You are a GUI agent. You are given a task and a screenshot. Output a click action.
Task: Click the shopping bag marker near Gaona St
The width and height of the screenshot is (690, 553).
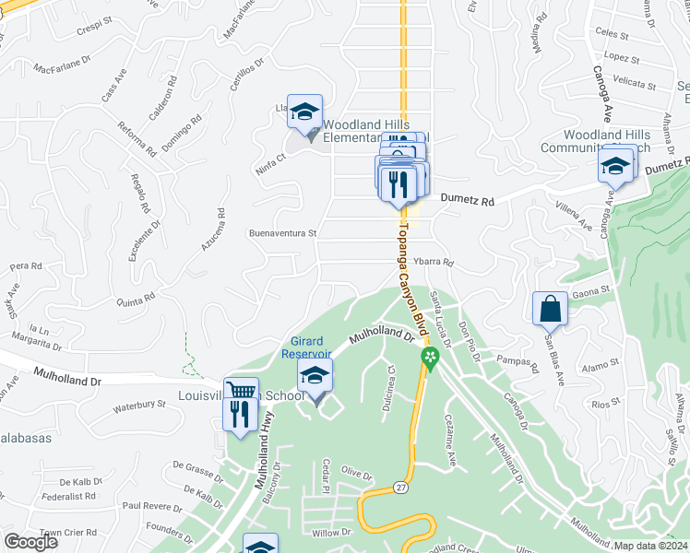pyautogui.click(x=550, y=309)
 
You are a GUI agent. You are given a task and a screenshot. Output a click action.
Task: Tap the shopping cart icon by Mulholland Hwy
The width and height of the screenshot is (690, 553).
pyautogui.click(x=241, y=391)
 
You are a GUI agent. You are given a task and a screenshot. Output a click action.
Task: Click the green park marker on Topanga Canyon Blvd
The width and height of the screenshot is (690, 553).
pyautogui.click(x=429, y=357)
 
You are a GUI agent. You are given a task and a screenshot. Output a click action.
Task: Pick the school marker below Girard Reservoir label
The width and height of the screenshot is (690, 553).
pyautogui.click(x=314, y=376)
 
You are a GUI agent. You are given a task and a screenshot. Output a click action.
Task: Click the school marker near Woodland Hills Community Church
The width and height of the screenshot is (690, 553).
pyautogui.click(x=615, y=167)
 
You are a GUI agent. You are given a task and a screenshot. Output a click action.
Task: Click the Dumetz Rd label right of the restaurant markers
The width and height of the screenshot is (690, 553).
pyautogui.click(x=468, y=199)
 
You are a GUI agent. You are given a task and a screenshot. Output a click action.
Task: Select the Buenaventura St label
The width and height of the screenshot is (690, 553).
pyautogui.click(x=283, y=233)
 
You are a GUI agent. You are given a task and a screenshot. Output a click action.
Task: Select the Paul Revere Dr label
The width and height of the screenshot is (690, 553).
pyautogui.click(x=147, y=506)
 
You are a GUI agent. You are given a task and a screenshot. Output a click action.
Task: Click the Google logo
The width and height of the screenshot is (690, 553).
pyautogui.click(x=31, y=542)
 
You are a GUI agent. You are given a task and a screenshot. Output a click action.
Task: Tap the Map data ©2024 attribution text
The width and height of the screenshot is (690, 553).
pyautogui.click(x=649, y=546)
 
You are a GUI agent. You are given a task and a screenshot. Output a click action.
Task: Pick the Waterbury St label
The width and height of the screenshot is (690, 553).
pyautogui.click(x=137, y=405)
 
